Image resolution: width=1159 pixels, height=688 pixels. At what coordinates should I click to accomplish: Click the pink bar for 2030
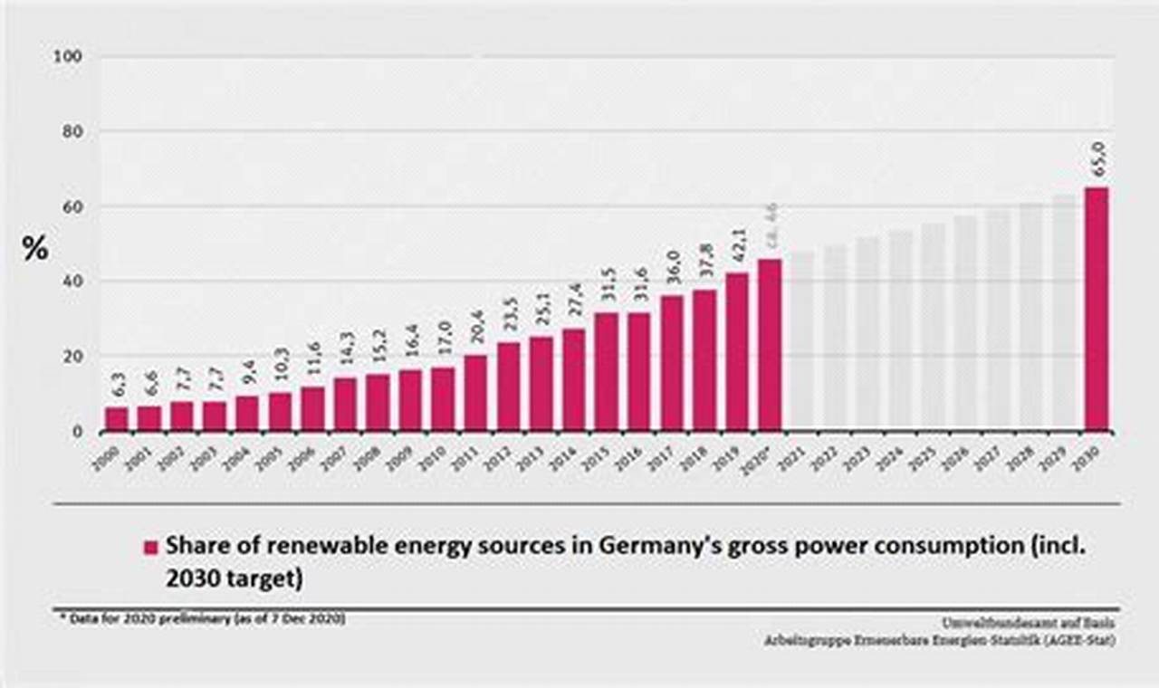pos(1096,308)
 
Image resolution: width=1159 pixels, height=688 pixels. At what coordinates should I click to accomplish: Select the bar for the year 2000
pos(116,418)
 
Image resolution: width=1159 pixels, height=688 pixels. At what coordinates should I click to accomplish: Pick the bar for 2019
pos(737,351)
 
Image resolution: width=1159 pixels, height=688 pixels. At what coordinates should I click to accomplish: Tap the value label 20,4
pos(475,332)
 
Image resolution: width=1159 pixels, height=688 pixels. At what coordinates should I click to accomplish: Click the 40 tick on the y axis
pos(72,282)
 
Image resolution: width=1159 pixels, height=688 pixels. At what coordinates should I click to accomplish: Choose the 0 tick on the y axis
pos(77,432)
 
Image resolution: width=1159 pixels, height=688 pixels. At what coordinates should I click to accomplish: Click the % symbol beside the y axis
pos(35,249)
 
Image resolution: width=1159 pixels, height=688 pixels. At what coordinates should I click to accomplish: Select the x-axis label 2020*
pos(759,459)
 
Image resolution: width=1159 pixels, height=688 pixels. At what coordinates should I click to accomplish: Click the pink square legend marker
pos(150,547)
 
